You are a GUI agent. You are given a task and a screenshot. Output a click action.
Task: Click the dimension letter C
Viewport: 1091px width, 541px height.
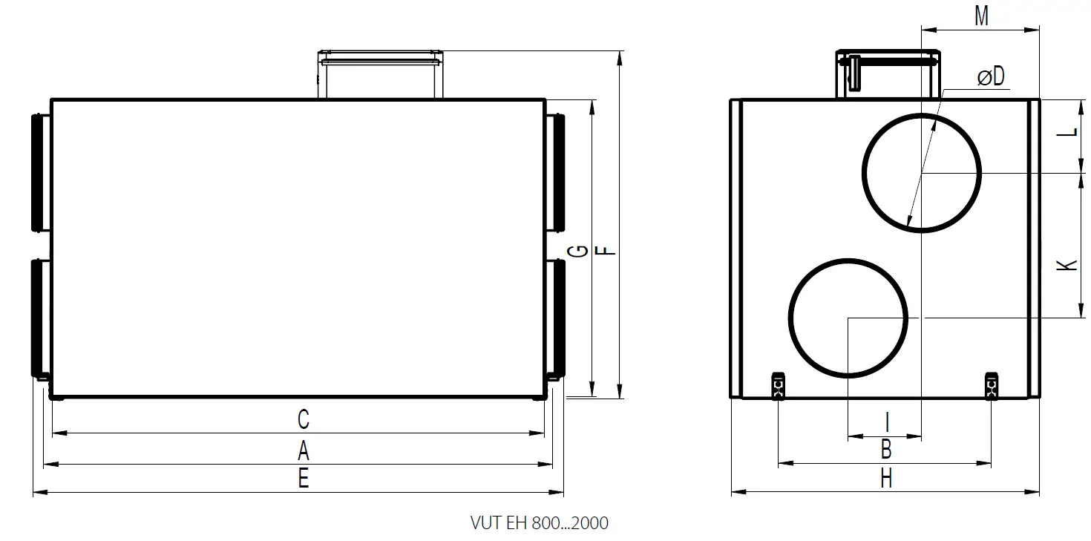(x=303, y=419)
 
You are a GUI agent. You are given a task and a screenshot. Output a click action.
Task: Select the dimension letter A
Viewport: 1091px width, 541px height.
(x=303, y=450)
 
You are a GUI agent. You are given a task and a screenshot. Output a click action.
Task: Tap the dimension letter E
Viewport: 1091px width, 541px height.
(x=303, y=479)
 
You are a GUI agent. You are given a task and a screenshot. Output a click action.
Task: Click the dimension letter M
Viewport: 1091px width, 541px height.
(x=981, y=16)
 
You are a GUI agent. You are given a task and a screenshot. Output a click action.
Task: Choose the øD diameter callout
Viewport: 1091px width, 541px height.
(x=990, y=76)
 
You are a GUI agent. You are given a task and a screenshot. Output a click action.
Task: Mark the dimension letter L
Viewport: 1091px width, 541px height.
(x=1067, y=131)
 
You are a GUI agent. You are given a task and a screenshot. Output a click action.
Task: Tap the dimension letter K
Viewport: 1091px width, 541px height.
(x=1067, y=265)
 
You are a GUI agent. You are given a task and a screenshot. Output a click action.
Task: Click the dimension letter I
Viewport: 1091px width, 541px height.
(x=887, y=422)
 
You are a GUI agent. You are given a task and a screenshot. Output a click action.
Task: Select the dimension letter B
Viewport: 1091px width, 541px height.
(x=885, y=450)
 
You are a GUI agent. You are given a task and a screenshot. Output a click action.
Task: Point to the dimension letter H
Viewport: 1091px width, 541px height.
(x=885, y=479)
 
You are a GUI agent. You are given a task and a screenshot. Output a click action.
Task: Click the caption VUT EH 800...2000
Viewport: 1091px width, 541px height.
(x=539, y=523)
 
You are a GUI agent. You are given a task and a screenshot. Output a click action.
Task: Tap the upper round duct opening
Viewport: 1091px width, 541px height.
(x=922, y=172)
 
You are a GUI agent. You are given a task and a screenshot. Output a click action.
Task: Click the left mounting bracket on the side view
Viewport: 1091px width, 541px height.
(x=778, y=385)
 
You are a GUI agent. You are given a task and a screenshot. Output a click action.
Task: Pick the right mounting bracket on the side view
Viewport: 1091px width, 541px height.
(x=992, y=385)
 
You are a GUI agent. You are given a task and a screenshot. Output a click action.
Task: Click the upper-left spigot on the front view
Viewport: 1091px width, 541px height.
(x=41, y=172)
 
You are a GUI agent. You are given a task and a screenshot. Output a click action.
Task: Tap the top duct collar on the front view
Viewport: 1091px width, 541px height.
(x=381, y=74)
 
